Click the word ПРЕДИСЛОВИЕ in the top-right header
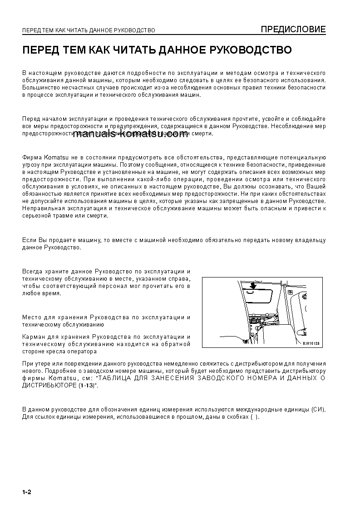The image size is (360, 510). pos(293,30)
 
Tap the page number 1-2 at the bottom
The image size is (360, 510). pos(26,493)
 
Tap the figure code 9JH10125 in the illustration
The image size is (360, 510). pos(311,343)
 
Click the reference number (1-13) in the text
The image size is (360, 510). pos(87,385)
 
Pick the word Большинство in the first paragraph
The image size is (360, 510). pos(41,88)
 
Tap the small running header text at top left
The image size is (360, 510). pos(89,30)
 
